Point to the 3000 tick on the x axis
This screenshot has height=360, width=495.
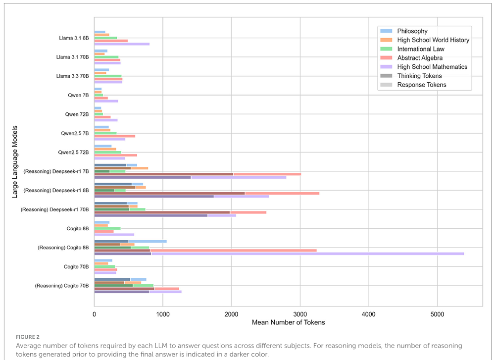(x=300, y=314)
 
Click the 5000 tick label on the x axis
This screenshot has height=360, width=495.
(x=437, y=314)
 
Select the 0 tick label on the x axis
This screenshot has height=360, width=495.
(x=95, y=314)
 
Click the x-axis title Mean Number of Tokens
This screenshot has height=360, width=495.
(x=288, y=322)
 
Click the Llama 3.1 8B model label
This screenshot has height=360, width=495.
(x=73, y=38)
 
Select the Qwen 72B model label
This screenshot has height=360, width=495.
(x=77, y=114)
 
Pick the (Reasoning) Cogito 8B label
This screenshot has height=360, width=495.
(x=63, y=247)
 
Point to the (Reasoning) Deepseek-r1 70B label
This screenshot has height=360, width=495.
(x=54, y=209)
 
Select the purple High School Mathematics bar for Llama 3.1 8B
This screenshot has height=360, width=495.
(x=122, y=44)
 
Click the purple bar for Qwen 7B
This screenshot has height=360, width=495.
(x=106, y=101)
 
